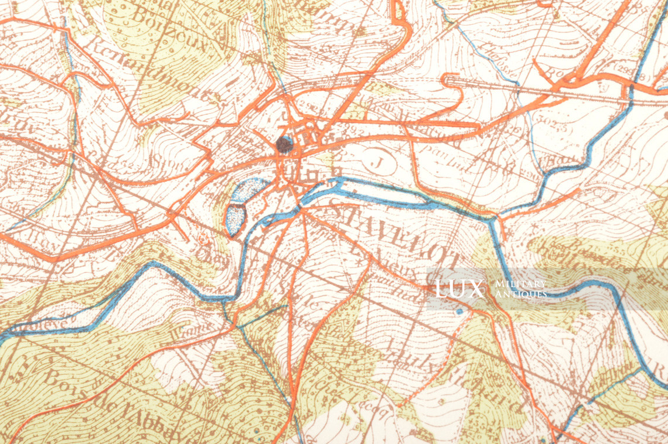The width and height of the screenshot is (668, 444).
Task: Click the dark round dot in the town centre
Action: click(x=284, y=144)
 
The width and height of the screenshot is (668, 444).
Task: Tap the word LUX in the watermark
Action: click(x=459, y=289)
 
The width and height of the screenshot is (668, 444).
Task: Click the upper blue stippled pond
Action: click(x=248, y=191)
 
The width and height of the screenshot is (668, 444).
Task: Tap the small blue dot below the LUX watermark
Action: click(x=459, y=312)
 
